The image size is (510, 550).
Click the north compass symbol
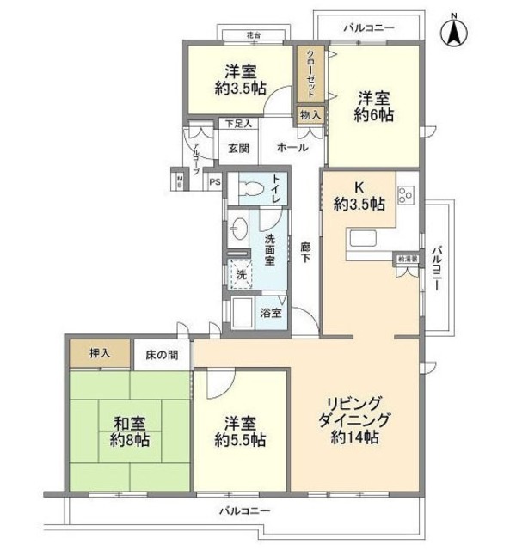pos(453,34)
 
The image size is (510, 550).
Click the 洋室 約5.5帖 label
pos(237,431)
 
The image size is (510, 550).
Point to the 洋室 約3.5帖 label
pos(238,79)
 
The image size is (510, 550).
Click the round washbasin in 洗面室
pos(241,229)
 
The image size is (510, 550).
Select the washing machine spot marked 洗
pos(242,274)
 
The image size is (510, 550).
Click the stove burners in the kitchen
pos(407,196)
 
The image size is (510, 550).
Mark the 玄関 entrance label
pos(239,147)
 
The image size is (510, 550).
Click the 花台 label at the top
pos(252,35)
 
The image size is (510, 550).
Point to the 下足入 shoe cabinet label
pos(238,124)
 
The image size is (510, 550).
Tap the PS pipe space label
pos(214,182)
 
